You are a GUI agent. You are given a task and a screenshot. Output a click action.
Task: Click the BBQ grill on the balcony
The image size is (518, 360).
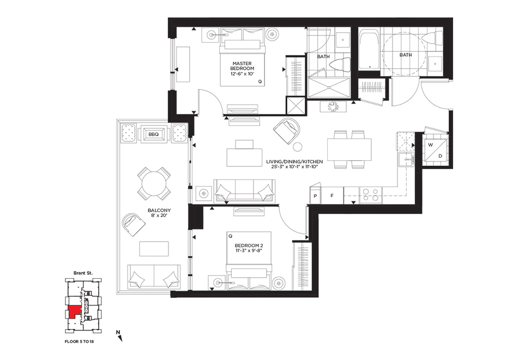click(154, 134)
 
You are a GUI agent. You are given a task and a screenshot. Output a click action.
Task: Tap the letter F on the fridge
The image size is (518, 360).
click(332, 196)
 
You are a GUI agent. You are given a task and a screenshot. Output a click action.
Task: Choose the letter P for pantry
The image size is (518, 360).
click(316, 196)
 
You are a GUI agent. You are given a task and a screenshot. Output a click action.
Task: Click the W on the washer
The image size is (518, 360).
click(430, 145)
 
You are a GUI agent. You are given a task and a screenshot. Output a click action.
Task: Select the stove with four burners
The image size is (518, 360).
click(370, 195)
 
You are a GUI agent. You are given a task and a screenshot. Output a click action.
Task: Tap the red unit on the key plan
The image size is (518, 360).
click(74, 312)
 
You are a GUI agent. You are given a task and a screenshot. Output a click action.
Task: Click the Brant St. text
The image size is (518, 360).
click(83, 273)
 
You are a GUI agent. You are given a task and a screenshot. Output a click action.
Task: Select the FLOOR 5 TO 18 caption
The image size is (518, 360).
click(79, 341)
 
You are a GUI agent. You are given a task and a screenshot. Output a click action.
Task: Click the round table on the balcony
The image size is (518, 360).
click(154, 184)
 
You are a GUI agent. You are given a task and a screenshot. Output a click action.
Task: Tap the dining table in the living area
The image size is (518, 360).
click(350, 149)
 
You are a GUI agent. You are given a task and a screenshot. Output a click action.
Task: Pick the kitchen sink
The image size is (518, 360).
click(406, 160)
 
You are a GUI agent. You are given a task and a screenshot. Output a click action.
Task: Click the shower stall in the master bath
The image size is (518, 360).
click(329, 88)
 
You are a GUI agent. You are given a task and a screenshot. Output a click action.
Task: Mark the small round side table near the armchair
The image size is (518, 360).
click(298, 147)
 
